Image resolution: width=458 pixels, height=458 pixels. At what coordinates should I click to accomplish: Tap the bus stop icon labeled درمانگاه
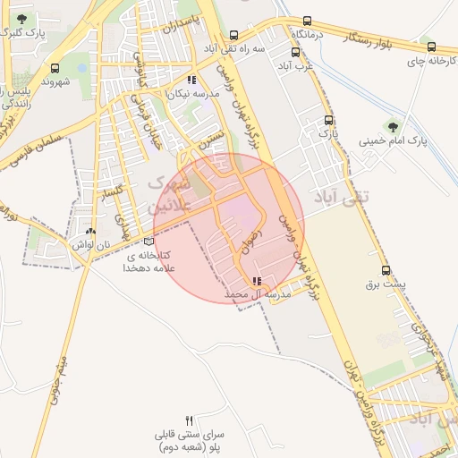coord(309,20)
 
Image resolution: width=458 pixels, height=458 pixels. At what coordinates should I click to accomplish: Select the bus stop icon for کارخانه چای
coord(432,47)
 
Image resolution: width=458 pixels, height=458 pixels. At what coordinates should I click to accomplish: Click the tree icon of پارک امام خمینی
coord(392,125)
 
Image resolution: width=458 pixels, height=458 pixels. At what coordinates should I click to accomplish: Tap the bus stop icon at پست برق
coord(386,270)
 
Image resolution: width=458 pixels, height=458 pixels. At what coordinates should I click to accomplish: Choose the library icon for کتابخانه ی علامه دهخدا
coord(148,241)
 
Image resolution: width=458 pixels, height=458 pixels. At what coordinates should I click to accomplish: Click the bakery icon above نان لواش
coord(90,231)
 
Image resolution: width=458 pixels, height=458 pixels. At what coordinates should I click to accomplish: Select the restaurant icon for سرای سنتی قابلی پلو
coord(189,420)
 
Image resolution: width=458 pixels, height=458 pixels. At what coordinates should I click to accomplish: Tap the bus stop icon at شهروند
coord(56,67)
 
